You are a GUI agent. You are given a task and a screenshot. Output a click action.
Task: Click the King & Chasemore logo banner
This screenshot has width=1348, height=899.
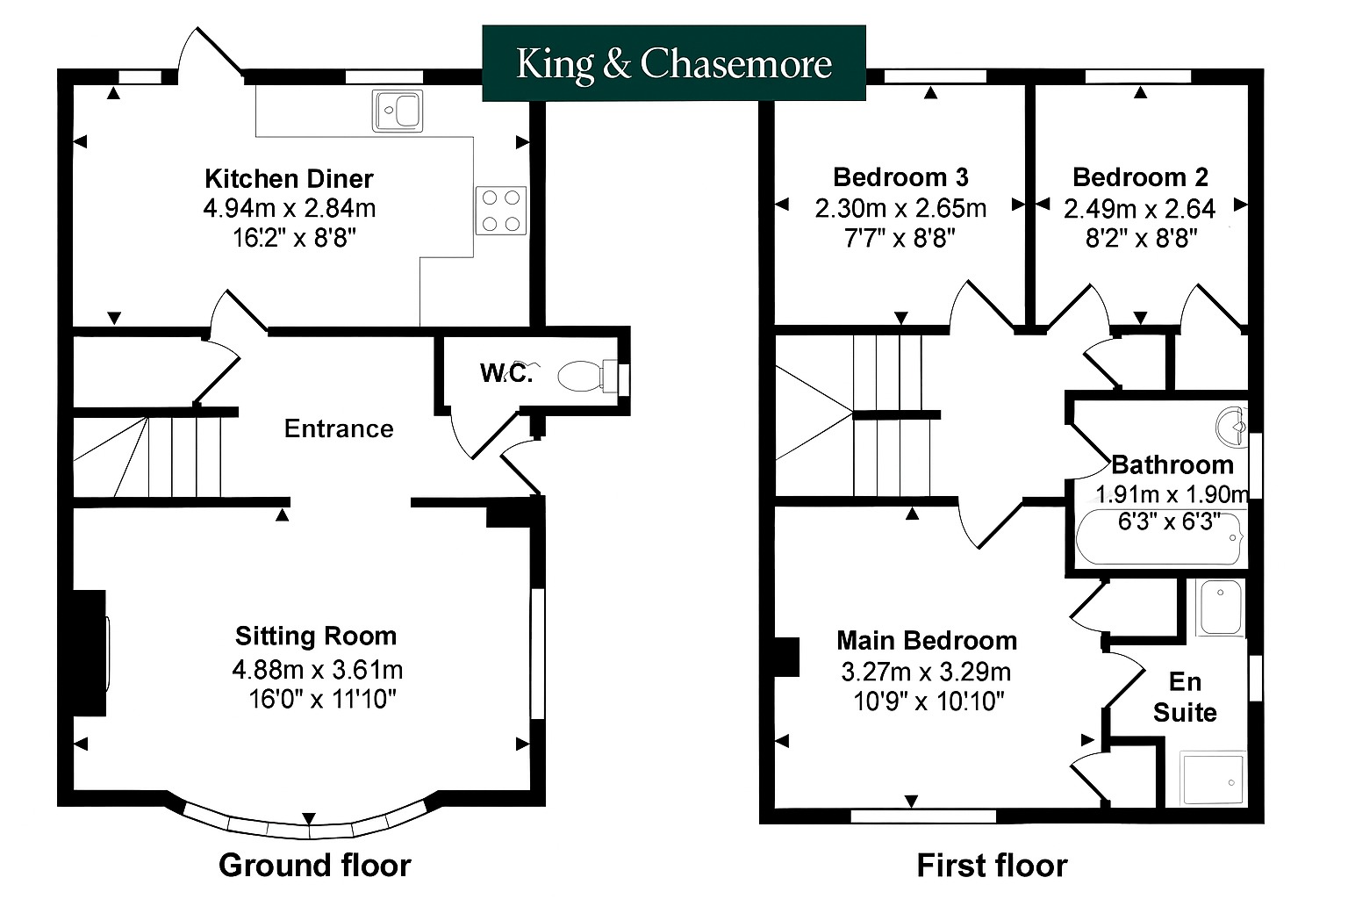pyautogui.click(x=674, y=62)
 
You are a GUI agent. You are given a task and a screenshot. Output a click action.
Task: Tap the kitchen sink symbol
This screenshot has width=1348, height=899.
pyautogui.click(x=398, y=111)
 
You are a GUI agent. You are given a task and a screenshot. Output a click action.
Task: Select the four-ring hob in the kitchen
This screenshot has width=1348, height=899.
pyautogui.click(x=501, y=211)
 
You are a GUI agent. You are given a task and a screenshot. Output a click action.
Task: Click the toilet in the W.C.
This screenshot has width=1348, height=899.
pyautogui.click(x=589, y=376)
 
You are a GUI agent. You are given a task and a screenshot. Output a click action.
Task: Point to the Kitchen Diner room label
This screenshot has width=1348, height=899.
pyautogui.click(x=289, y=179)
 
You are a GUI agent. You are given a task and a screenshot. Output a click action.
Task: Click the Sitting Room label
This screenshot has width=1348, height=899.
pyautogui.click(x=316, y=636)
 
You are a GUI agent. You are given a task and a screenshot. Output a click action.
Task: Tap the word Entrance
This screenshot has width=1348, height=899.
pyautogui.click(x=339, y=428)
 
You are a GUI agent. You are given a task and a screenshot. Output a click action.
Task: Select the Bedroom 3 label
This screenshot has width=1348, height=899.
pyautogui.click(x=901, y=177)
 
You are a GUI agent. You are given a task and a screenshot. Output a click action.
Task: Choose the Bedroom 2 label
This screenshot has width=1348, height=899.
pyautogui.click(x=1140, y=177)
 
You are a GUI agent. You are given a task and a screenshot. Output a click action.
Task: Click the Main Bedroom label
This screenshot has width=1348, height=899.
pyautogui.click(x=927, y=641)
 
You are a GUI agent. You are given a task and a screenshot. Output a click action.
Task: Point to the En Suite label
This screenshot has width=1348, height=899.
pyautogui.click(x=1185, y=697)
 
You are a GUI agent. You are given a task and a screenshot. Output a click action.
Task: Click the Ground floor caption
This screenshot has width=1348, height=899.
pyautogui.click(x=315, y=866)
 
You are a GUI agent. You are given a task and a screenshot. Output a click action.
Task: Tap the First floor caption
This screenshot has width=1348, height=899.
pyautogui.click(x=992, y=866)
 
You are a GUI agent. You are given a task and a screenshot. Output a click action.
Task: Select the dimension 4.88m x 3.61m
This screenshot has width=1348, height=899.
pyautogui.click(x=317, y=669)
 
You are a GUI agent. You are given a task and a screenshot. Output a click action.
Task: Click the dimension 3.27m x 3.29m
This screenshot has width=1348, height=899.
pyautogui.click(x=926, y=672)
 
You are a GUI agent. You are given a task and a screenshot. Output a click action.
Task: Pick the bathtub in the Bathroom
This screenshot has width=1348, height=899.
pyautogui.click(x=1159, y=538)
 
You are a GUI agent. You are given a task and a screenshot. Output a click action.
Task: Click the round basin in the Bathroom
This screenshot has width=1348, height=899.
pyautogui.click(x=1231, y=427)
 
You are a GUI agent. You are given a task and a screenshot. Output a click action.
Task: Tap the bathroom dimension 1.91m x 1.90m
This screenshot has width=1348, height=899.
pyautogui.click(x=1172, y=494)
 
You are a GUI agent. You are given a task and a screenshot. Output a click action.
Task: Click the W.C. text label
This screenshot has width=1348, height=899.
pyautogui.click(x=506, y=373)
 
